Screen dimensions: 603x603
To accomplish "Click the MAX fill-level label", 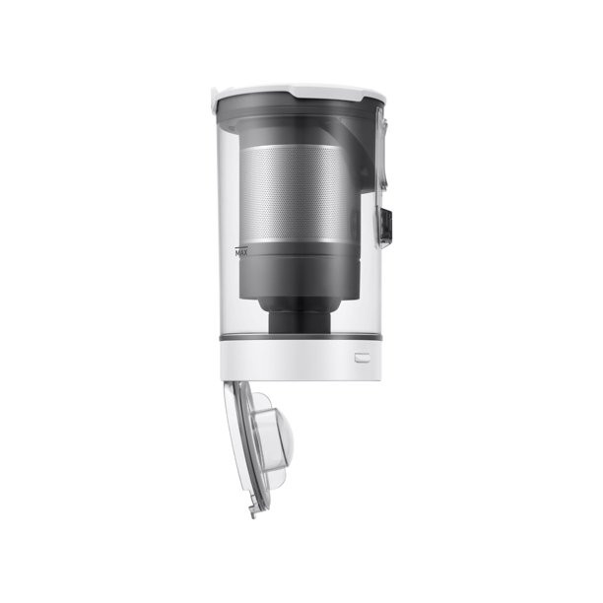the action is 241,253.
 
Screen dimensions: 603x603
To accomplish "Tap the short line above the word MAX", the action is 241,247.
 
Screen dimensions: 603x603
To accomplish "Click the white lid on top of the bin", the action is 301,93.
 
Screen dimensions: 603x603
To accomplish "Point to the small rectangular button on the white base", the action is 363,358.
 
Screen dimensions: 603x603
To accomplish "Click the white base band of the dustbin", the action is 301,360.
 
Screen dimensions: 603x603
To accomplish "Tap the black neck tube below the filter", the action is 300,322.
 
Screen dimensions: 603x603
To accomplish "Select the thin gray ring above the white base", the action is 301,337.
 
